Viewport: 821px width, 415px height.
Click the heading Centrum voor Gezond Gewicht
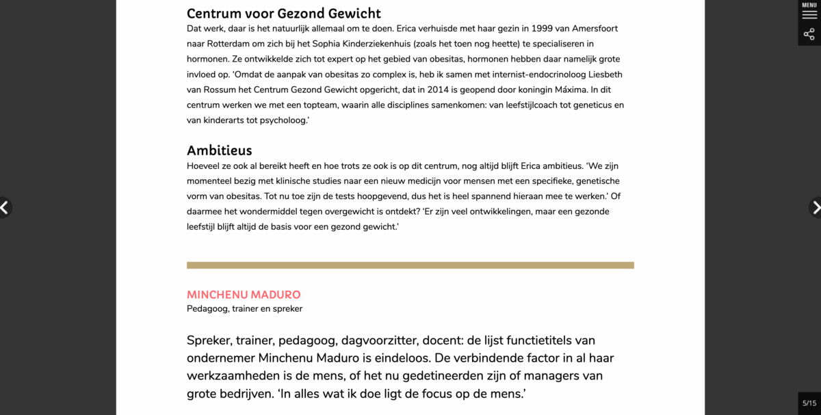pyautogui.click(x=284, y=14)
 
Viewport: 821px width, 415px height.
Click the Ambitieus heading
pyautogui.click(x=220, y=150)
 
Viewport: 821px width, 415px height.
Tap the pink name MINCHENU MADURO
pyautogui.click(x=244, y=295)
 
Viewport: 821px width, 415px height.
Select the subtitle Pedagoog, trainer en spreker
pyautogui.click(x=244, y=308)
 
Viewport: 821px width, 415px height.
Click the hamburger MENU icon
pyautogui.click(x=809, y=13)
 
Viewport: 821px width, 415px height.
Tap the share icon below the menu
pyautogui.click(x=809, y=34)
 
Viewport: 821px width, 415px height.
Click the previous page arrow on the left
pyautogui.click(x=5, y=207)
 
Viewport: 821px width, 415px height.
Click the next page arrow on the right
pyautogui.click(x=816, y=207)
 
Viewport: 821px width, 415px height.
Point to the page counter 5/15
pyautogui.click(x=809, y=403)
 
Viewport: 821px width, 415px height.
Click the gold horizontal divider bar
pyautogui.click(x=410, y=265)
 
